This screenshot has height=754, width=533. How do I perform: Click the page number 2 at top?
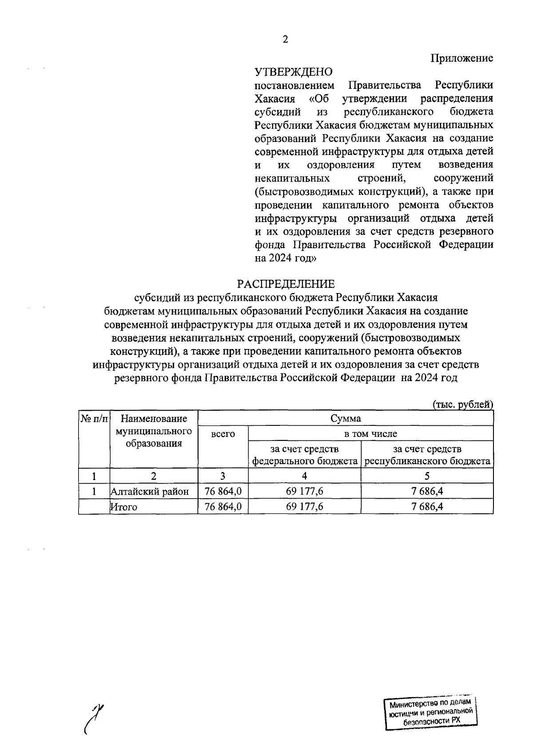[x=285, y=40]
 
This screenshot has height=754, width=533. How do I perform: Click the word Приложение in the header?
[x=461, y=58]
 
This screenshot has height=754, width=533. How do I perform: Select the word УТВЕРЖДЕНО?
[x=294, y=71]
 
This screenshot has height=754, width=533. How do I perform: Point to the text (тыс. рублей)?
[x=463, y=404]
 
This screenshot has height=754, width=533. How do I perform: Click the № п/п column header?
[x=94, y=418]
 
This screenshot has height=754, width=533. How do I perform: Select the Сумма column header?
[x=346, y=418]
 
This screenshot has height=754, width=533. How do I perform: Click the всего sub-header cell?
[x=223, y=434]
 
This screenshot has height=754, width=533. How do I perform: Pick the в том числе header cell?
[x=371, y=433]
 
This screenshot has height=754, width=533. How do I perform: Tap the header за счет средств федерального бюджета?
[x=305, y=455]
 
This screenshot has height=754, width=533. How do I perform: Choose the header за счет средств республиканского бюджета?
[x=427, y=455]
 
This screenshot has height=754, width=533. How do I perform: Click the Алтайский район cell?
[x=150, y=492]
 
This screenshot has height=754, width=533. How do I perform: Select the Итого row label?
[x=124, y=507]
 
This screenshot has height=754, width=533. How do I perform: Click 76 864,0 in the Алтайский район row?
[x=223, y=492]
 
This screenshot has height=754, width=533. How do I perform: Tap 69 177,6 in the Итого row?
[x=305, y=507]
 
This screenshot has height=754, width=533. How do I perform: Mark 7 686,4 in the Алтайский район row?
[x=427, y=492]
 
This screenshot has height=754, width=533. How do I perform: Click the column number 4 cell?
[x=305, y=476]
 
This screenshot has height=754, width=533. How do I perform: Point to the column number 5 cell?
[x=427, y=476]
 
